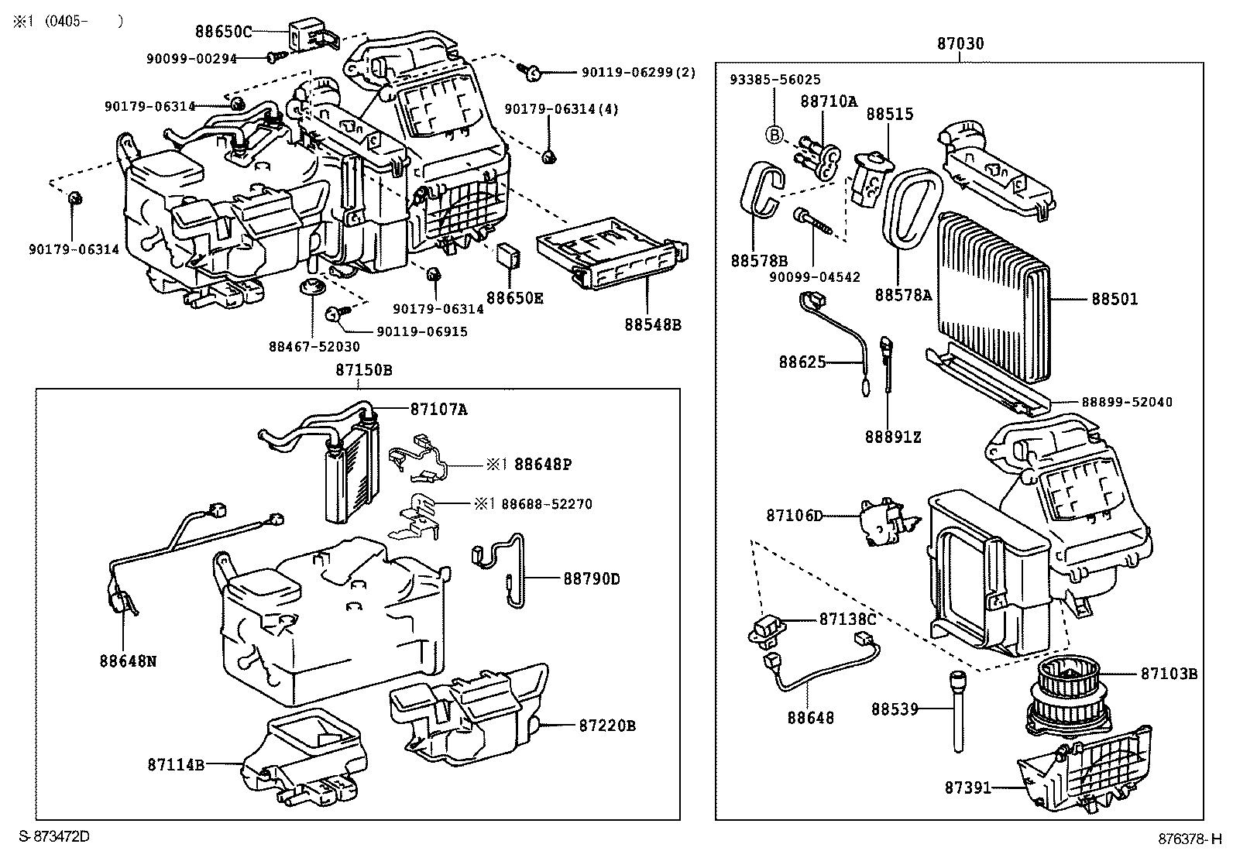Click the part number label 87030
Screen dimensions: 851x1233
960,43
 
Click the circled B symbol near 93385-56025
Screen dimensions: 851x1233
774,135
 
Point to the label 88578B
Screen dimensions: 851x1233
758,260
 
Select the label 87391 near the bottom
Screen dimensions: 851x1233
967,788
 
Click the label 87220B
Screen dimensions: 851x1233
607,726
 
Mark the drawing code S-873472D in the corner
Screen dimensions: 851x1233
54,836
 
